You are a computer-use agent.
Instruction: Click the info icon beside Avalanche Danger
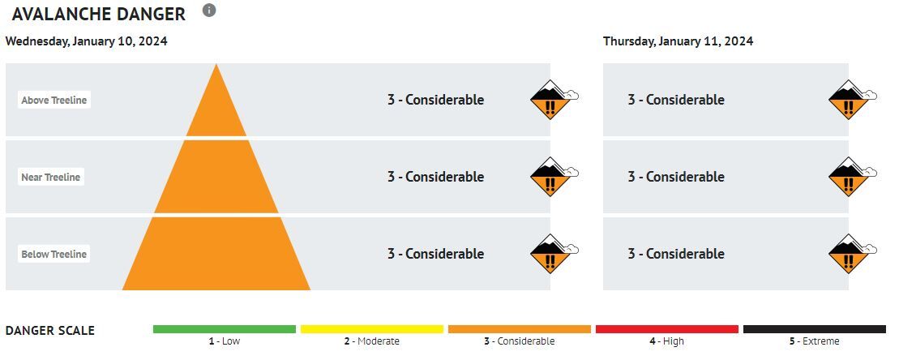coord(209,11)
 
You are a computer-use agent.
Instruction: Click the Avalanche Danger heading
coord(98,14)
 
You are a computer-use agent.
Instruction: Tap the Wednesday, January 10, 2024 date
coord(87,41)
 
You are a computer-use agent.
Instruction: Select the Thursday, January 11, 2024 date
coord(678,41)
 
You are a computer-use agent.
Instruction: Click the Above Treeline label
coord(54,101)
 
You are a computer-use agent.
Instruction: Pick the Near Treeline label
coord(51,178)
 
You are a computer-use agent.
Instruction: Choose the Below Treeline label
coord(54,255)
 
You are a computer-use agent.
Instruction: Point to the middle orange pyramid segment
coord(216,178)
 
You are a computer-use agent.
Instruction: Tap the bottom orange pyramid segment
coord(216,255)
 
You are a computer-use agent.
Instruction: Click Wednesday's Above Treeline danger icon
coord(551,100)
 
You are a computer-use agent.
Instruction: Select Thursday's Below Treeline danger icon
coord(850,254)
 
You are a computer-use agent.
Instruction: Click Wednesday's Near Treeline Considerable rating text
coord(435,177)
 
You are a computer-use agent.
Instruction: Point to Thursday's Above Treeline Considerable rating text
coord(676,100)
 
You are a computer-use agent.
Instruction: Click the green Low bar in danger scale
coord(225,329)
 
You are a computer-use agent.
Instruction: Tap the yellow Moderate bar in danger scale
coord(372,329)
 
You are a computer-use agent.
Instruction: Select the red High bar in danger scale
coord(667,329)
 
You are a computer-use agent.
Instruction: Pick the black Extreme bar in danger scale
coord(815,329)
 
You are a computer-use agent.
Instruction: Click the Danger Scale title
coord(50,331)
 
